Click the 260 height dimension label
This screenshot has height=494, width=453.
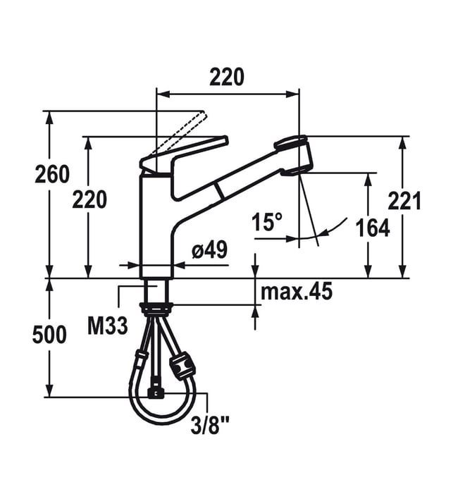52,174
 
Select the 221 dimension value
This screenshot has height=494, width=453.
404,201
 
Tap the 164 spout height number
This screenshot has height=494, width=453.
373,228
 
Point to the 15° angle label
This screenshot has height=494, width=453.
267,221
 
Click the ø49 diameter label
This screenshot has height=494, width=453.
209,250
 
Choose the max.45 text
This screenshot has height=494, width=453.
297,292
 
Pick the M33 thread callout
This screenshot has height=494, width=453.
107,326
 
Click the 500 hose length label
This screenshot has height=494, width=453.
49,335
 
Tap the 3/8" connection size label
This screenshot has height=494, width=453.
209,426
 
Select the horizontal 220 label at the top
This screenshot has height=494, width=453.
227,77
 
